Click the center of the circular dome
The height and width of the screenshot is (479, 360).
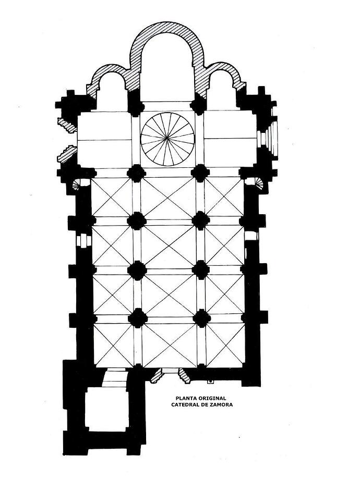pos(167,139)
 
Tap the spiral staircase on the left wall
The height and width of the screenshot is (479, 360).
pos(77,185)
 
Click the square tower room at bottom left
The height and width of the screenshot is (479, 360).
pos(106,409)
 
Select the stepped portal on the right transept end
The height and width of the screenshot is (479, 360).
pos(268,139)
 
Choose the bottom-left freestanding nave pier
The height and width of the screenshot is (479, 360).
pos(138,318)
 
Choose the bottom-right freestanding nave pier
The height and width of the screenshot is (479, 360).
pos(201,318)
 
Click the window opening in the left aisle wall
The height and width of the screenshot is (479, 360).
pos(83,240)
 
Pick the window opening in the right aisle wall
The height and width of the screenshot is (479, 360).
pos(251,236)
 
